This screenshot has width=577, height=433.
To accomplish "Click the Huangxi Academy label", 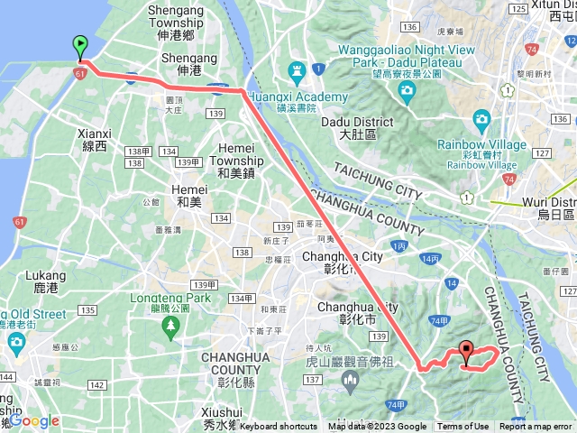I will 302,97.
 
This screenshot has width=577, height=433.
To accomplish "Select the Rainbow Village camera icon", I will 481,119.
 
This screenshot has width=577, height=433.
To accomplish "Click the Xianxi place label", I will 94,137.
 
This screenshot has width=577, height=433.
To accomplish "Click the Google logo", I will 34,420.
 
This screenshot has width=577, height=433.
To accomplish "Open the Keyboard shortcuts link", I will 279,427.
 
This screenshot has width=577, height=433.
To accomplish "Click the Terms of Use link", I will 463,427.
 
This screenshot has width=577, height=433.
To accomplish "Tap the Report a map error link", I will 537,427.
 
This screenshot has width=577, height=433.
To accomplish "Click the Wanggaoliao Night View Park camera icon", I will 408,90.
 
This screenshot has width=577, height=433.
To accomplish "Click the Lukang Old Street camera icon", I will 16,343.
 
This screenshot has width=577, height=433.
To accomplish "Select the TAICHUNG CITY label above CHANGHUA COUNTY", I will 379,180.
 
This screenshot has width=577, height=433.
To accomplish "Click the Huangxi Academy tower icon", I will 296,70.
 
